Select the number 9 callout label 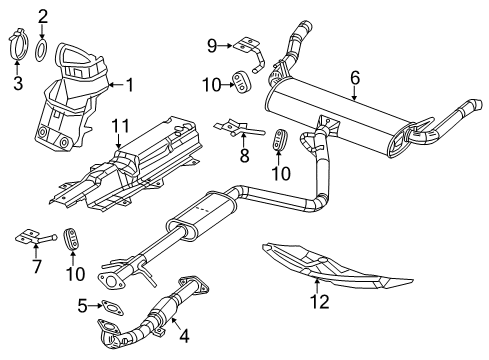(212, 44)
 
